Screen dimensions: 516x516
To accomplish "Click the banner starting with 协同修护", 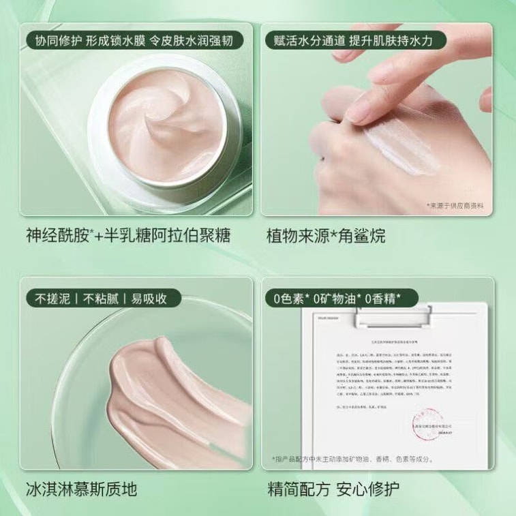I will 131,41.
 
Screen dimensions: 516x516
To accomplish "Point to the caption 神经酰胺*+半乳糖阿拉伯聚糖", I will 127,237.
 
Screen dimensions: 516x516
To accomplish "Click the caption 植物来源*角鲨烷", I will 326,237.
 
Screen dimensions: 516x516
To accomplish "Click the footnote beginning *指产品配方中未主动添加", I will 352,459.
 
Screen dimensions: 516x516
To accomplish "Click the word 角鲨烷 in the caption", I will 365,237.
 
